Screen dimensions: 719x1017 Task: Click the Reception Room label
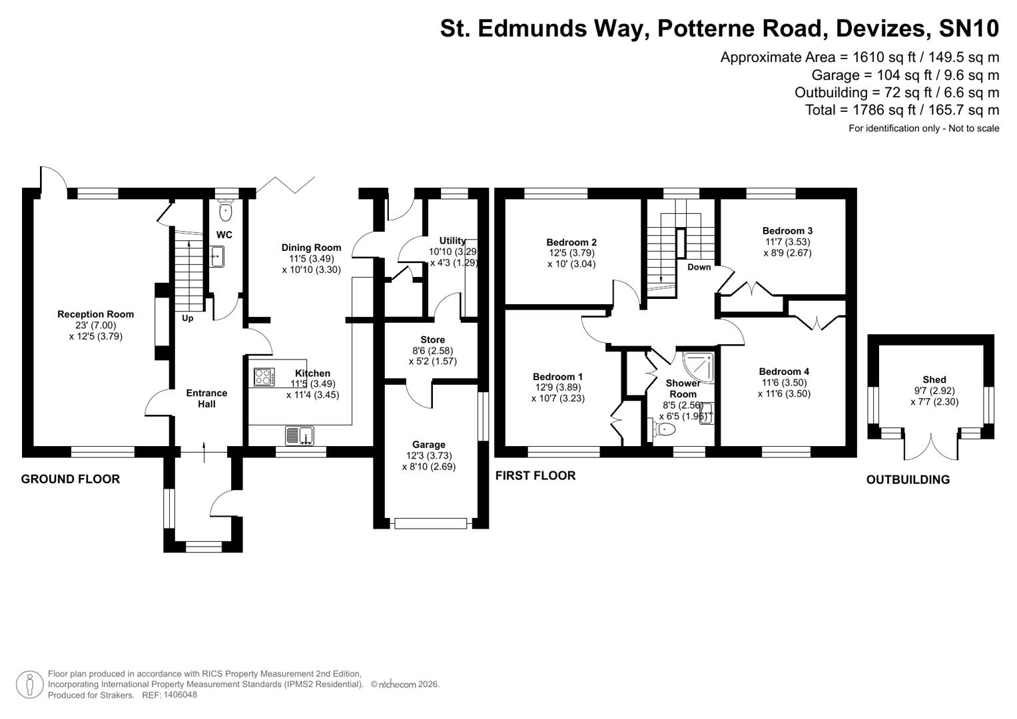click(x=95, y=314)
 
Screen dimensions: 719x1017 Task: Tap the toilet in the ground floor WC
click(x=226, y=211)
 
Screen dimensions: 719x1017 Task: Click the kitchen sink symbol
click(x=300, y=436)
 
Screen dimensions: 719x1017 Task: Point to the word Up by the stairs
click(x=188, y=319)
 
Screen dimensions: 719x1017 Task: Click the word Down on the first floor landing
click(x=699, y=267)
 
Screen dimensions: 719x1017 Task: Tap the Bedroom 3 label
click(x=787, y=231)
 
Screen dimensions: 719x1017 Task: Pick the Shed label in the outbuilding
click(x=934, y=379)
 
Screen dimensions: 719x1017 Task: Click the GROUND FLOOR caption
click(x=71, y=479)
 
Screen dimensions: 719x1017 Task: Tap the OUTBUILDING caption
click(x=908, y=480)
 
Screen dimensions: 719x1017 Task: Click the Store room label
click(x=432, y=340)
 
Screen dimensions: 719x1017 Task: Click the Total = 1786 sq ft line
click(x=902, y=110)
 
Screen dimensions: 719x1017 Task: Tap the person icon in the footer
click(x=29, y=684)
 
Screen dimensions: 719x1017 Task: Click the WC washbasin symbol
click(x=216, y=256)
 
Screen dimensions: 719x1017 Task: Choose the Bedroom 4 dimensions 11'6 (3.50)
click(x=784, y=383)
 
